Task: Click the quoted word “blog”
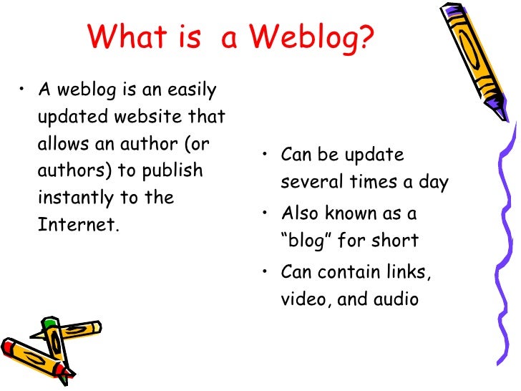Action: click(306, 241)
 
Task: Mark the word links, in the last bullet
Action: click(406, 272)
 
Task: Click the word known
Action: click(361, 213)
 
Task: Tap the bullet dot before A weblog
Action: click(24, 90)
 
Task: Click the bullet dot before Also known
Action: click(266, 214)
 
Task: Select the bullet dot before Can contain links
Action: click(266, 273)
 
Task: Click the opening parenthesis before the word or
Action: click(187, 143)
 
